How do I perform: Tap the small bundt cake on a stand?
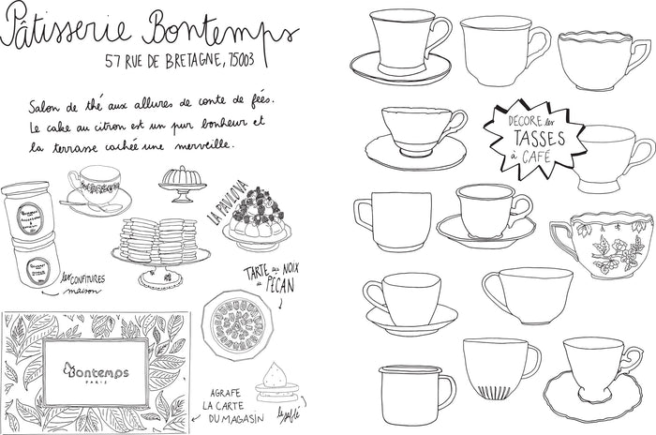coord(180,180)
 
